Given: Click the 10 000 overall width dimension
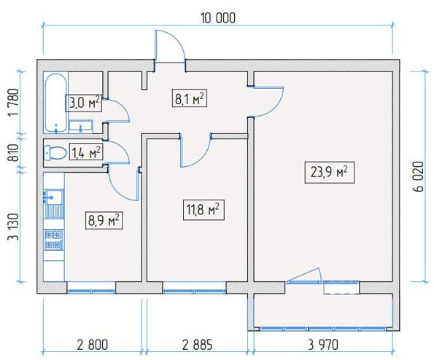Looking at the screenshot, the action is point(218,18).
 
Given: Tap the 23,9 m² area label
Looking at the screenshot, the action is point(330,173).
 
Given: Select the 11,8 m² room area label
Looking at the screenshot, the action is point(204,210).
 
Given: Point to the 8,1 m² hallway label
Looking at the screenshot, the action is point(190,98).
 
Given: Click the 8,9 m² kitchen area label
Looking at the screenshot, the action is point(104,220).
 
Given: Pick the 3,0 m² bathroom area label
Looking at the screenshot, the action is point(84,103).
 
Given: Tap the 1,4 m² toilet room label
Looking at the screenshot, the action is point(86,152).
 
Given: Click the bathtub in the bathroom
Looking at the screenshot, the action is point(56,103).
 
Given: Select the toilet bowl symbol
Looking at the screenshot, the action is point(55,153).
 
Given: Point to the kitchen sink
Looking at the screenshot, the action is point(54,204).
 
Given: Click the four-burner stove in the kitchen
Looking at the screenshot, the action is point(54,240).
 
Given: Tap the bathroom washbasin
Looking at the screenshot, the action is point(80,126).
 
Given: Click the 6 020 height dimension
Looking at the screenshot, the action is point(419,176).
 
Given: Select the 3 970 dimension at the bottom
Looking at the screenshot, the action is point(323,345).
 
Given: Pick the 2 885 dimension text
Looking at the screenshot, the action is point(198,345).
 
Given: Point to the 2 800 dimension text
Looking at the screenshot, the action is point(93,345).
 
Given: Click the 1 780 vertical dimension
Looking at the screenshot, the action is point(14,103).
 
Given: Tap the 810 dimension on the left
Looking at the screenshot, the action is point(15,152).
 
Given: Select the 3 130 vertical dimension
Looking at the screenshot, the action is point(14,227).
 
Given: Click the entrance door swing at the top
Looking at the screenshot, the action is point(169,46).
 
